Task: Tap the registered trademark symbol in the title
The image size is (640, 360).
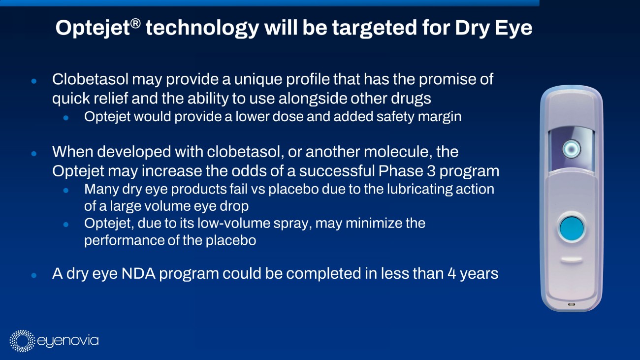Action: (x=136, y=24)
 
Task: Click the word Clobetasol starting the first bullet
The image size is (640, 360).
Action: (x=90, y=79)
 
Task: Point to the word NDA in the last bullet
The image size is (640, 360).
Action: (x=138, y=273)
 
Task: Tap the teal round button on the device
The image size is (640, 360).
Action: (x=572, y=229)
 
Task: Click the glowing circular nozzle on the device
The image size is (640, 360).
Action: (x=572, y=149)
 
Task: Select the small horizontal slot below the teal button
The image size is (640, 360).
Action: (x=572, y=260)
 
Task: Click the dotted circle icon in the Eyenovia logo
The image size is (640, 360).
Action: (x=22, y=341)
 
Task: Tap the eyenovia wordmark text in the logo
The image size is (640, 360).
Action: (x=68, y=341)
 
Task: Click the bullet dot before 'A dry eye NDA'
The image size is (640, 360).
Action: (x=34, y=275)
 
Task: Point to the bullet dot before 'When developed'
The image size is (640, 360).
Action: (x=34, y=154)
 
